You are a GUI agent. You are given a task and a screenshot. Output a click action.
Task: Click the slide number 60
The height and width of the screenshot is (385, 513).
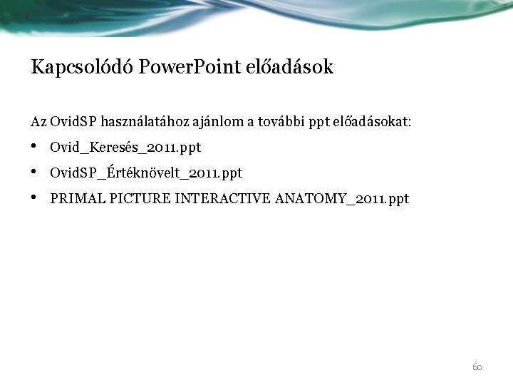[477, 367]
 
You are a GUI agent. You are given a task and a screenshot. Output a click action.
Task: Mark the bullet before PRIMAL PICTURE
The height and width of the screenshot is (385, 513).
[36, 197]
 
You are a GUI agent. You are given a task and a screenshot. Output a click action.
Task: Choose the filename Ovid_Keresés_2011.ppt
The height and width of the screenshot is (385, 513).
[126, 148]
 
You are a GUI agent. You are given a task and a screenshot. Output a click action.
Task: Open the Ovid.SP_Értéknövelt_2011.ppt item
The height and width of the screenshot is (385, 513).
[146, 173]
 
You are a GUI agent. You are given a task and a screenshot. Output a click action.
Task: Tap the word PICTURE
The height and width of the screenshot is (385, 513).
[134, 198]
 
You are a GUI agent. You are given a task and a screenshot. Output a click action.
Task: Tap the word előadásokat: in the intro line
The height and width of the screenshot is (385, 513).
[373, 122]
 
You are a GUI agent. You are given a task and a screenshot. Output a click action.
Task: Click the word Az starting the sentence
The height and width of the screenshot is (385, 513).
[39, 122]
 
